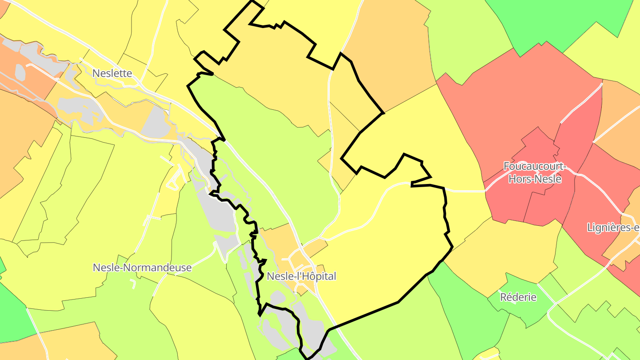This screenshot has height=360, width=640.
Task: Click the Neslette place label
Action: coord(112,73)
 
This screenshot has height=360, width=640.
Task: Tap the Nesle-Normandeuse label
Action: coord(142,268)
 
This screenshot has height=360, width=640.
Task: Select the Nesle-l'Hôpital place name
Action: coord(301,276)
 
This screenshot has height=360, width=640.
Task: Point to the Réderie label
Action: coord(518,297)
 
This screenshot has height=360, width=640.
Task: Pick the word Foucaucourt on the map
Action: coord(535,167)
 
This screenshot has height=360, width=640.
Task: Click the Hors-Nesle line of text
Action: coord(535,179)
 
